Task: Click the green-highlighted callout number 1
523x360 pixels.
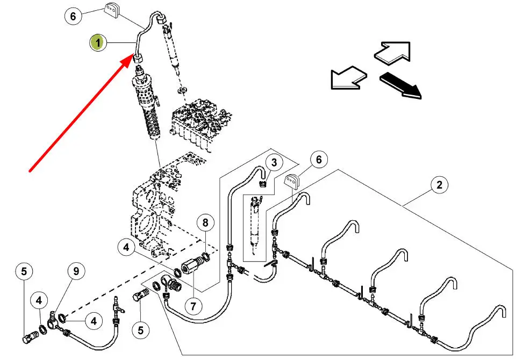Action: (x=97, y=42)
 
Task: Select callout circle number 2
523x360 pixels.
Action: (x=439, y=185)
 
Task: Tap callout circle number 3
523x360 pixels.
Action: (x=274, y=162)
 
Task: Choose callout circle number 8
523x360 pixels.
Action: (x=205, y=222)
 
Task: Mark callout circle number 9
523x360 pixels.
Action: (x=76, y=271)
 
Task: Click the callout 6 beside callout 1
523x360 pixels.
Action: (x=73, y=16)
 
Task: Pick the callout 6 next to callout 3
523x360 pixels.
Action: (x=319, y=160)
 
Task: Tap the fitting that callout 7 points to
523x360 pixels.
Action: (x=191, y=266)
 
